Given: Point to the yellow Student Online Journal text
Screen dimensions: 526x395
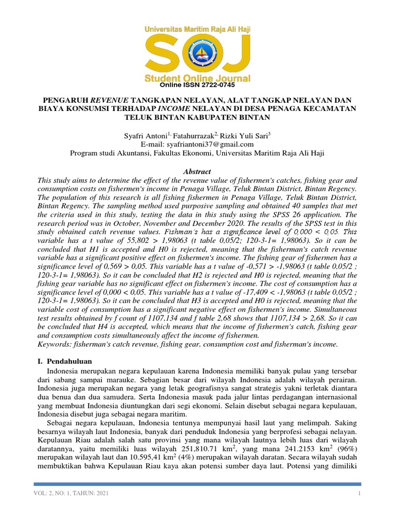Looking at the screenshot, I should pos(197,78).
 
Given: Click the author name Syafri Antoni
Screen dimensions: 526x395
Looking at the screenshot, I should pos(146,136).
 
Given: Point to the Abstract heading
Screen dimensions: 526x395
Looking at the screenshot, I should pos(197,171).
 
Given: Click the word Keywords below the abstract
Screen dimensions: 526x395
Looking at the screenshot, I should pos(55,344).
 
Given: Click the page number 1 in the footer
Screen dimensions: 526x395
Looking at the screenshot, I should pos(360,493).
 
